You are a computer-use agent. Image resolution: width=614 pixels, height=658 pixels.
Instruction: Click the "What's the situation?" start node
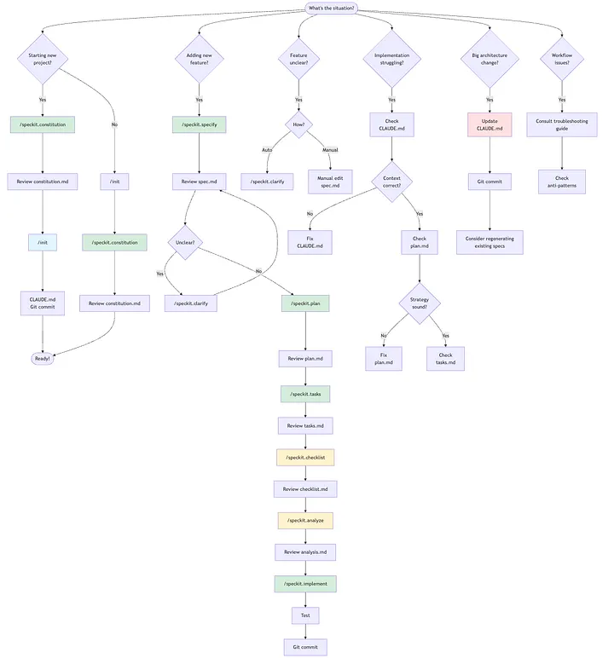(x=332, y=9)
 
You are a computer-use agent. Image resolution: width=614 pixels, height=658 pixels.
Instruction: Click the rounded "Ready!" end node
(x=43, y=359)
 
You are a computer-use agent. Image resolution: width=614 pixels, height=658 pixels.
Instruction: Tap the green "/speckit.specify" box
(x=199, y=124)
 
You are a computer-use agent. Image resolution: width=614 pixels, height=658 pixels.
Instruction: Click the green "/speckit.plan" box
(x=305, y=303)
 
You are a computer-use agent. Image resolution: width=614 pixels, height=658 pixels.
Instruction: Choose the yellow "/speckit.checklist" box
(x=305, y=458)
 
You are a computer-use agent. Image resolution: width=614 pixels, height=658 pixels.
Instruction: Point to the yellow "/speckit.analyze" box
(x=305, y=519)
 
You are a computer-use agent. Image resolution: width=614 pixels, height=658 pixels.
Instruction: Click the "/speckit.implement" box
(x=305, y=584)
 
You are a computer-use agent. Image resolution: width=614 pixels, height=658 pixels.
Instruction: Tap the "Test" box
(x=305, y=615)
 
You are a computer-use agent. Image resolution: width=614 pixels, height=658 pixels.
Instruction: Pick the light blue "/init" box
(x=43, y=242)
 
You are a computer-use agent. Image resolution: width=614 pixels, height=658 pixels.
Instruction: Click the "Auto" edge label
(x=267, y=150)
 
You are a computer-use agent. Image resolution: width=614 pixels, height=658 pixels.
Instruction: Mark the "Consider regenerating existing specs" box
(x=489, y=242)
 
